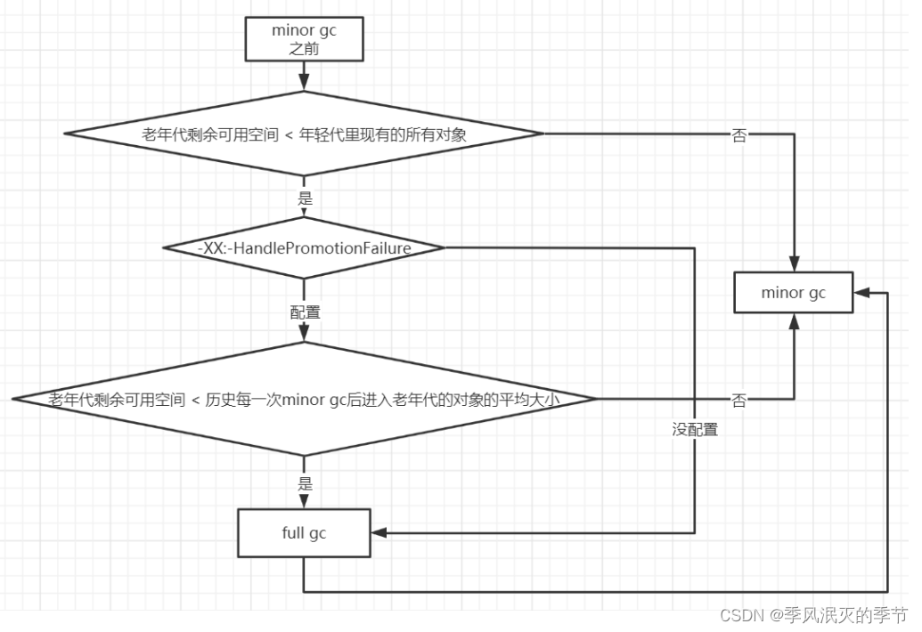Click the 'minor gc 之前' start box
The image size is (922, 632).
(304, 39)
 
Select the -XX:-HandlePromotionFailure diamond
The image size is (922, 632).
(304, 248)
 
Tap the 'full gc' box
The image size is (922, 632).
(304, 533)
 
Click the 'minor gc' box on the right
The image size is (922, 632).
(793, 293)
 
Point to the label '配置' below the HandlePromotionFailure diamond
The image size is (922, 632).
(304, 312)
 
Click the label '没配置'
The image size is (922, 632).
(695, 430)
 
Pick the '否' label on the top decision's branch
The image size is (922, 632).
(738, 135)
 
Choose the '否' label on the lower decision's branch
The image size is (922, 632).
(738, 401)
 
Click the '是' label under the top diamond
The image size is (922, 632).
(305, 199)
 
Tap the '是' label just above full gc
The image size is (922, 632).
(305, 484)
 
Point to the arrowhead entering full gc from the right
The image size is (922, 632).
(378, 533)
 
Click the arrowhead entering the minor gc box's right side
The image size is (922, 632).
(860, 293)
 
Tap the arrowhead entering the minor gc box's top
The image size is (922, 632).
(793, 265)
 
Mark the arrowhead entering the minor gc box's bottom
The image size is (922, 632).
(793, 320)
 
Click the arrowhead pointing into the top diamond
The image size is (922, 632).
(304, 84)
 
